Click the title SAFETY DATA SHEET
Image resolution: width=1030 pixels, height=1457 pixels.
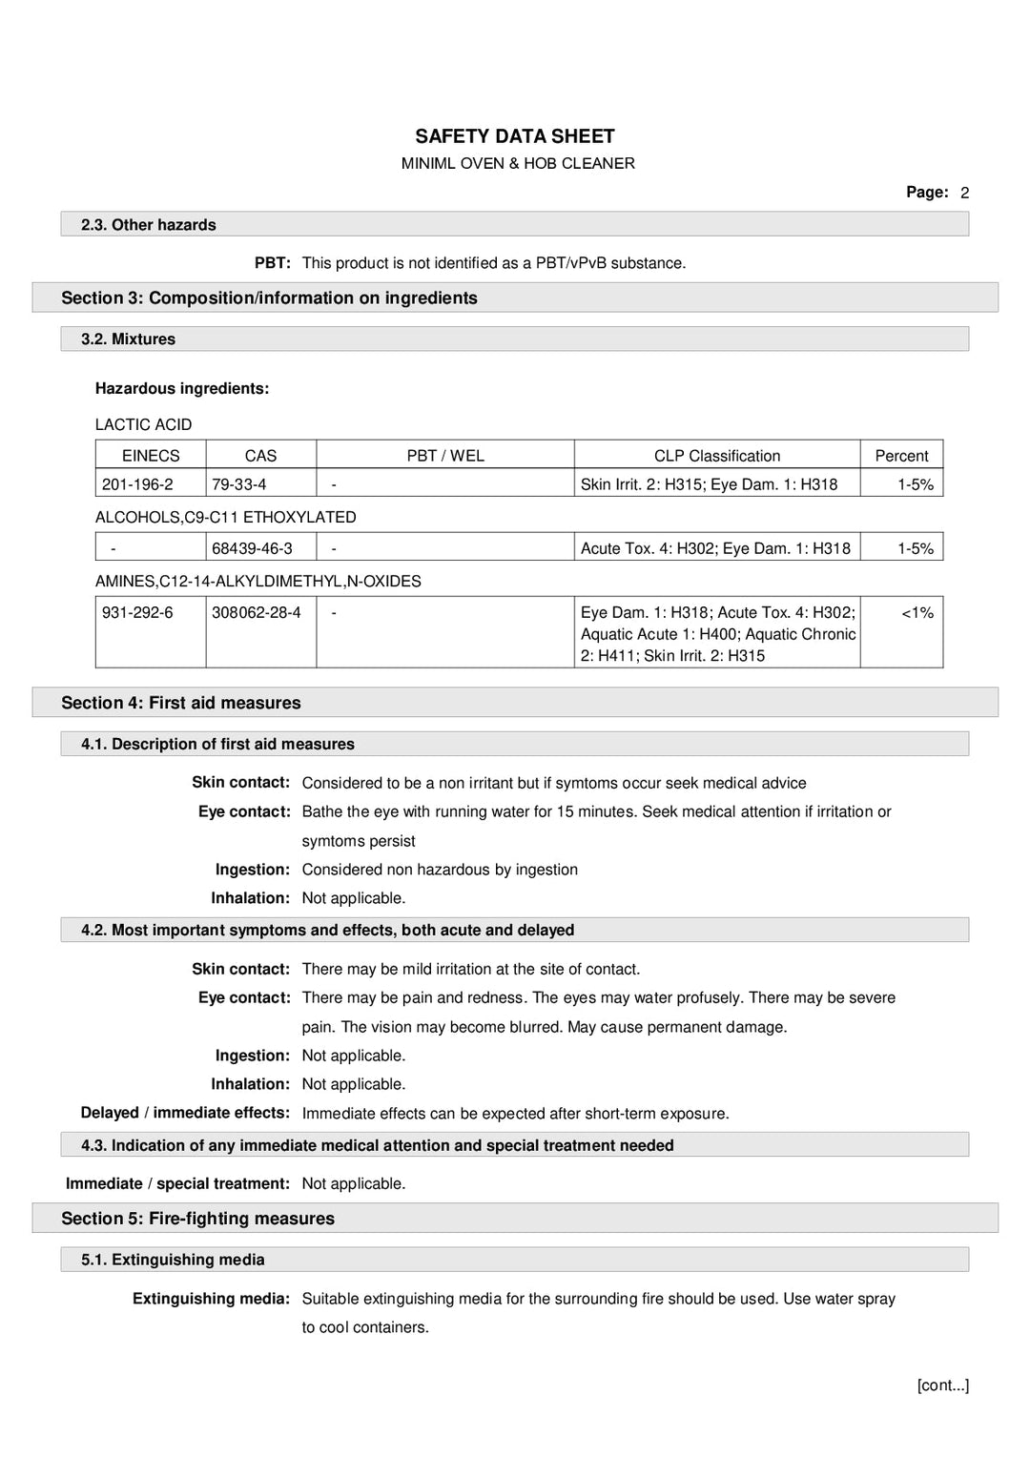tap(514, 136)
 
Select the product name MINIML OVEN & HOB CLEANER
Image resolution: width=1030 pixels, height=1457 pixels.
tap(517, 163)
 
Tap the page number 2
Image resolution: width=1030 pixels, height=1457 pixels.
tap(964, 193)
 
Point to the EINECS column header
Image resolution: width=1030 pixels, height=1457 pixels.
tap(151, 456)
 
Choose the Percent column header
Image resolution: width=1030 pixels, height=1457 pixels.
tap(901, 456)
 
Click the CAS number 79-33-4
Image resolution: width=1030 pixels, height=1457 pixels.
tap(238, 484)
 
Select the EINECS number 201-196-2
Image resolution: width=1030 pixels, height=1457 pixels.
tap(137, 484)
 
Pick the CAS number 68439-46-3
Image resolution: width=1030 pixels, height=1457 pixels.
tap(252, 548)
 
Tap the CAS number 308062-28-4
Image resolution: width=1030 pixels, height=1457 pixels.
tap(256, 612)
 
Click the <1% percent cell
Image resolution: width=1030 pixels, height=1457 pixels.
tap(917, 612)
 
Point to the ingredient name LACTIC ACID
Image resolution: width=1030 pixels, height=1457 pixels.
tap(143, 424)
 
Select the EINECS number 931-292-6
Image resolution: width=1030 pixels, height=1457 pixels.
tap(137, 612)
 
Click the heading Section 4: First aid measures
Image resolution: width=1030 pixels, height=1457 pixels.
tap(180, 703)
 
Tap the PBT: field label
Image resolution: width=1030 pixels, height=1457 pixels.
tap(272, 263)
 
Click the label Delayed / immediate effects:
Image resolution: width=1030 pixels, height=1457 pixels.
tap(185, 1113)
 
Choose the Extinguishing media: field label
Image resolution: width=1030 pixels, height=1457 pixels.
tap(211, 1299)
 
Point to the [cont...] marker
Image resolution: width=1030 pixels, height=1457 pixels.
tap(942, 1385)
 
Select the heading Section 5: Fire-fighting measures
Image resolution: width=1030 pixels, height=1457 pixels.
tap(197, 1219)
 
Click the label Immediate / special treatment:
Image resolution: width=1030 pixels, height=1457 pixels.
tap(177, 1183)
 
